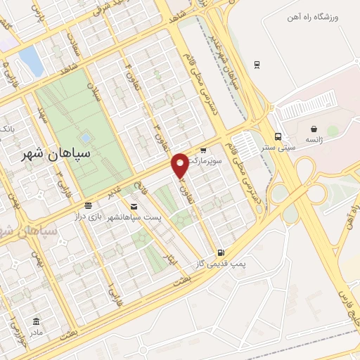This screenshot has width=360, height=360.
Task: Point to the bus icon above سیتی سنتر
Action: pos(278,136)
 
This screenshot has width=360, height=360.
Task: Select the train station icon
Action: pos(257,65)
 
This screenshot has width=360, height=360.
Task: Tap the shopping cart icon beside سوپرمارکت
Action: pos(203,150)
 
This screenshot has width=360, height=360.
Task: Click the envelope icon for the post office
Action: pos(133,207)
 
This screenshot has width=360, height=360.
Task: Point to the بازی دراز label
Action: pos(89,217)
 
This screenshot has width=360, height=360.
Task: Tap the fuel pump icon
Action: pos(221,252)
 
